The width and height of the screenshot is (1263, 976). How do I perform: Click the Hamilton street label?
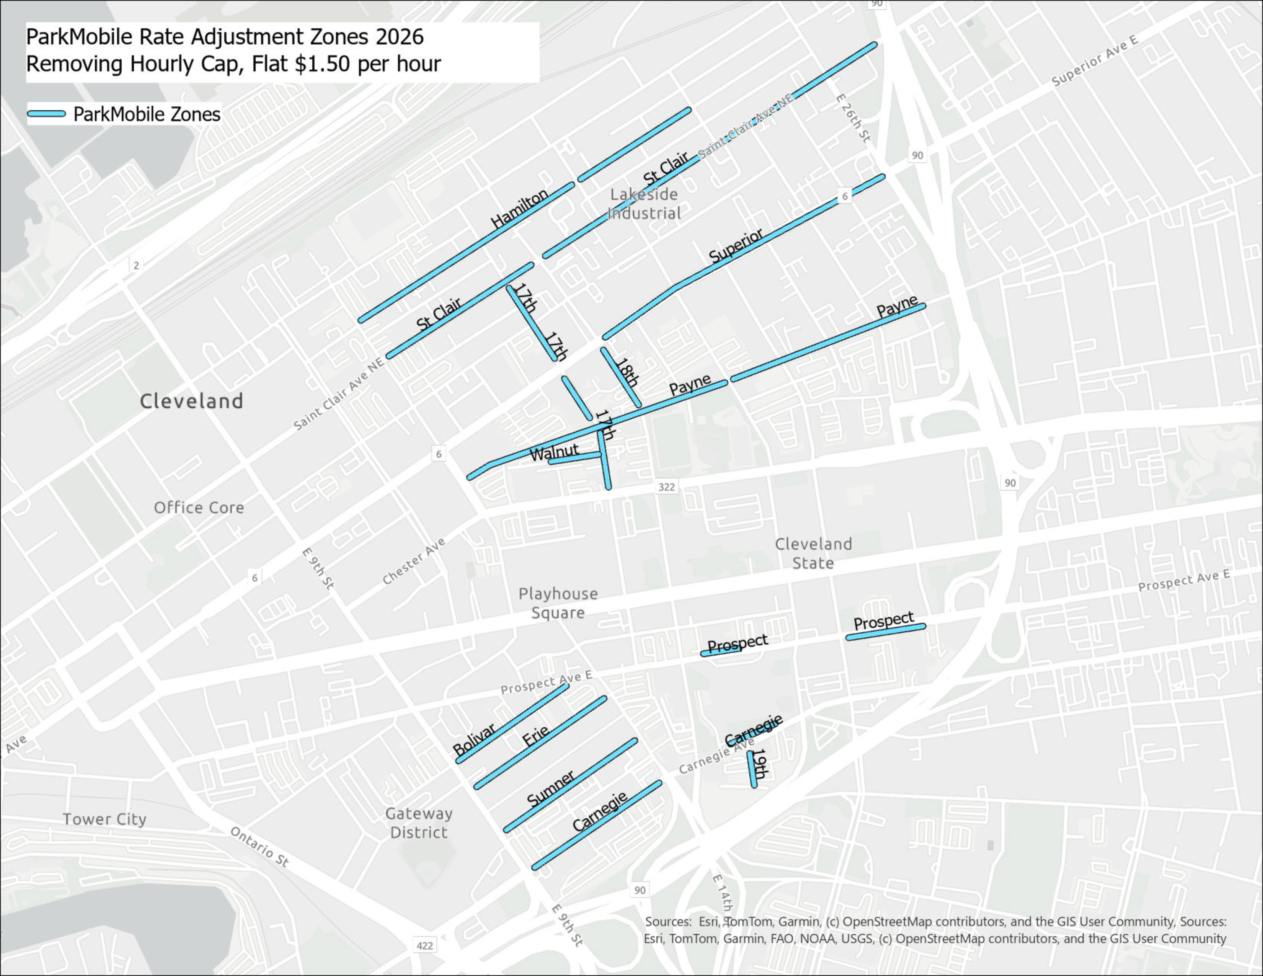pos(519,208)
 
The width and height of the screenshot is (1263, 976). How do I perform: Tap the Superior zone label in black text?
pos(736,246)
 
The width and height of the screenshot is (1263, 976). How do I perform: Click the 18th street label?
pos(626,373)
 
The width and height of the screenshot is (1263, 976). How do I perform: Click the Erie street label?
pos(535,736)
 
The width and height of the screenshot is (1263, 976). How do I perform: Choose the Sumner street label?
pos(550,788)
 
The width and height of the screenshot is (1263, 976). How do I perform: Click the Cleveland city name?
pos(191,401)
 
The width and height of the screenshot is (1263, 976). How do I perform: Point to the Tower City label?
pos(104,819)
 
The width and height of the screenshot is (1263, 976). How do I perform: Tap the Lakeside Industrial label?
pos(644,204)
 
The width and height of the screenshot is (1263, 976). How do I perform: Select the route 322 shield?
pos(666,487)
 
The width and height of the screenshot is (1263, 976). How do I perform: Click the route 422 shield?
pos(424,945)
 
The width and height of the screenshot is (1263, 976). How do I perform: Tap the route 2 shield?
pos(136,265)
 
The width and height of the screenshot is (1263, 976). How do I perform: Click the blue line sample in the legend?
pos(46,114)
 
